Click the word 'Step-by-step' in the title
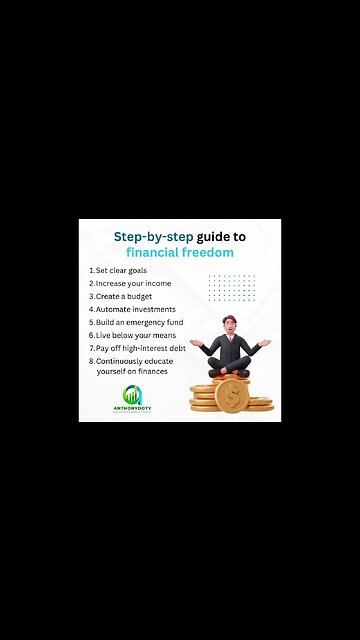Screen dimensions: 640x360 [x=150, y=237]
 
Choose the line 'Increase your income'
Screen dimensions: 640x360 [x=133, y=284]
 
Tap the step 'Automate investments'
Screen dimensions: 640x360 [x=135, y=310]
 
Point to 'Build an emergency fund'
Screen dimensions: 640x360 [x=140, y=323]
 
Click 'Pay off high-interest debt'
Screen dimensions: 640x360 [x=141, y=348]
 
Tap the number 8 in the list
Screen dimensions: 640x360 [x=91, y=360]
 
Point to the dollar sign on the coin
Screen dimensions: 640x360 [x=231, y=396]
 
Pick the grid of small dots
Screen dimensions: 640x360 [x=232, y=287]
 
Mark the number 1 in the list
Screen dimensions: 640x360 [x=91, y=271]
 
